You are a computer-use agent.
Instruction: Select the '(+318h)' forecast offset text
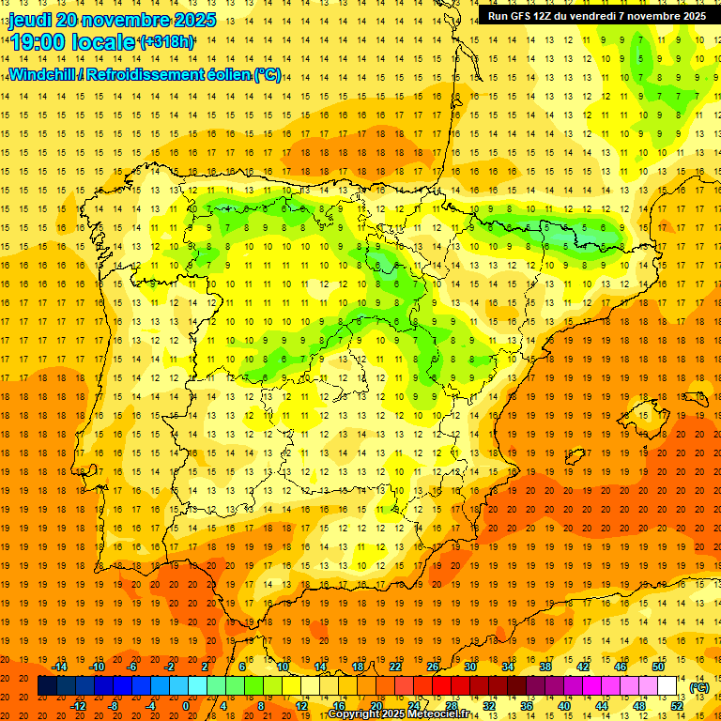coord(166,42)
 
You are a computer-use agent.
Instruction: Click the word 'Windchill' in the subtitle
coord(43,74)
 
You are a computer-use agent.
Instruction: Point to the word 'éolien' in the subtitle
coord(222,74)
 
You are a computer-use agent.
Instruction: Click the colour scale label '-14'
coord(60,667)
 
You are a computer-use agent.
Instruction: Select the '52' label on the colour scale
coord(677,705)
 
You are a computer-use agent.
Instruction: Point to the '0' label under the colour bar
coord(186,705)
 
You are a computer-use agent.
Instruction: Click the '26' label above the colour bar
coord(433,667)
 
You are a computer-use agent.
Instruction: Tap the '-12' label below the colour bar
coord(78,705)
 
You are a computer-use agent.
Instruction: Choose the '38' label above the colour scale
coord(545,667)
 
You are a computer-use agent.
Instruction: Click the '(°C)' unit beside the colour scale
coord(699,686)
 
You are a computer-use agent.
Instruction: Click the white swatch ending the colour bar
coord(667,686)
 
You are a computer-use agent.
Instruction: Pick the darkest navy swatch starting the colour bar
coord(47,686)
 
